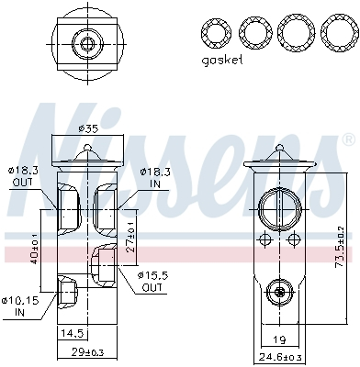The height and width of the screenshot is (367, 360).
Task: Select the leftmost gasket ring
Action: click(217, 34)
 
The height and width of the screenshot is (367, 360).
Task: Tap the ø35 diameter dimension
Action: click(87, 128)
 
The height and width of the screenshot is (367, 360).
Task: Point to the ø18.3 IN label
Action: click(152, 176)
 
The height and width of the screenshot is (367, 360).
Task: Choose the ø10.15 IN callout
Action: click(21, 305)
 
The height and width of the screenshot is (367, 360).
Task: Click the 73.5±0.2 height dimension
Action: click(341, 240)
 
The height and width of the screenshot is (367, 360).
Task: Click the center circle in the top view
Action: click(88, 43)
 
